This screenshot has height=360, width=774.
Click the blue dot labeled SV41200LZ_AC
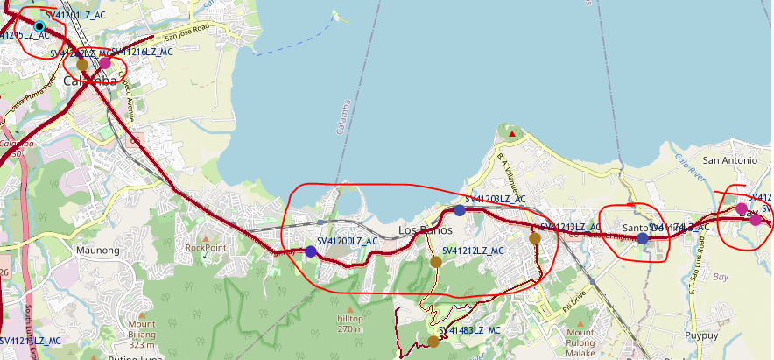click(x=310, y=251)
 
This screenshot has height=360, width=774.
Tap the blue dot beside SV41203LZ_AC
click(x=460, y=210)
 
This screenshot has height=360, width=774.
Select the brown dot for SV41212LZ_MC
click(x=435, y=262)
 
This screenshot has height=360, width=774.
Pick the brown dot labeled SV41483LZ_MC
click(x=433, y=342)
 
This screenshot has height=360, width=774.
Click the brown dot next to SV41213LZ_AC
click(x=535, y=237)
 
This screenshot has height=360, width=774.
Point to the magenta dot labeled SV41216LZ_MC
click(x=105, y=63)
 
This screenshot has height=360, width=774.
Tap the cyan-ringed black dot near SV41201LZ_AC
click(x=39, y=26)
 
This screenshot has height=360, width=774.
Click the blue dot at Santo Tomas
click(x=643, y=238)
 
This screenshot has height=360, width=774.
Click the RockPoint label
click(x=206, y=248)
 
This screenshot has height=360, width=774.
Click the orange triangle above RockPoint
click(x=206, y=237)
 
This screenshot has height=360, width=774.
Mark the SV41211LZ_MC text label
click(x=31, y=340)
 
